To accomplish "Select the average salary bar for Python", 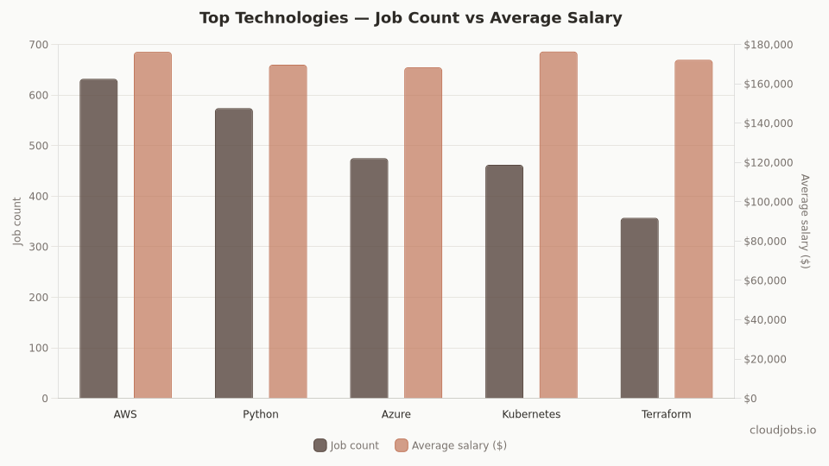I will pyautogui.click(x=288, y=232).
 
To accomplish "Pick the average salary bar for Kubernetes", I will pyautogui.click(x=558, y=225).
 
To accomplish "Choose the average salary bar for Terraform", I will pyautogui.click(x=693, y=230).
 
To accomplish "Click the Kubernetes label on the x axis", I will pyautogui.click(x=531, y=414).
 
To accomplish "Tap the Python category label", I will pyautogui.click(x=261, y=414).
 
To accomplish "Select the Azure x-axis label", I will pyautogui.click(x=396, y=414).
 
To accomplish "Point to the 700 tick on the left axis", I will pyautogui.click(x=38, y=45).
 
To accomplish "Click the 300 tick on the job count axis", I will pyautogui.click(x=38, y=247).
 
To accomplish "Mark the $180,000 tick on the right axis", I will pyautogui.click(x=768, y=45).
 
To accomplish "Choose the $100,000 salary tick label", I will pyautogui.click(x=768, y=202).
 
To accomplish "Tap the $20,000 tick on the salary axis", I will pyautogui.click(x=765, y=359).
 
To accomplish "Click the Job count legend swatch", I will pyautogui.click(x=320, y=445).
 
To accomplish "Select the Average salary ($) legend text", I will pyautogui.click(x=459, y=445).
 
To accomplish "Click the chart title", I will pyautogui.click(x=411, y=18).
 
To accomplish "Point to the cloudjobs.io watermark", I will pyautogui.click(x=782, y=430).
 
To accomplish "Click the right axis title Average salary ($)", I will pyautogui.click(x=805, y=221).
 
